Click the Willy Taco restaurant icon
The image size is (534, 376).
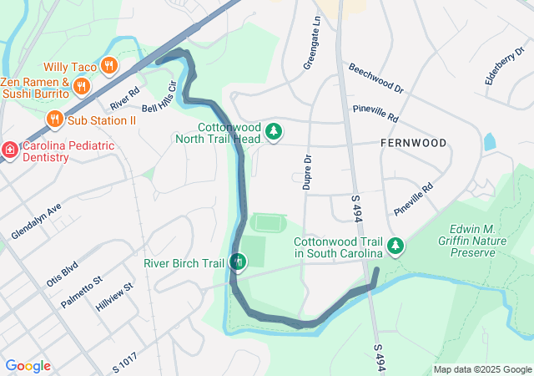point(108,65)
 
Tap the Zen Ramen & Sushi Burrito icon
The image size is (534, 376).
point(81,85)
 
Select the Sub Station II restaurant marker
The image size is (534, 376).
point(54,119)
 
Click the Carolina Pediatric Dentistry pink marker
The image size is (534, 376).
point(9,150)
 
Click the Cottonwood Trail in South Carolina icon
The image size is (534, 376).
point(397,246)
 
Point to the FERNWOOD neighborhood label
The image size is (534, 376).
point(413,144)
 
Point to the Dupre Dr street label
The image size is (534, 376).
point(307,171)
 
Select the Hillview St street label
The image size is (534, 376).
point(114,298)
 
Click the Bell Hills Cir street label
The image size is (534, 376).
point(160,98)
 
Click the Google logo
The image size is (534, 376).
point(28,366)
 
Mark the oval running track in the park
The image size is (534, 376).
point(268,223)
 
